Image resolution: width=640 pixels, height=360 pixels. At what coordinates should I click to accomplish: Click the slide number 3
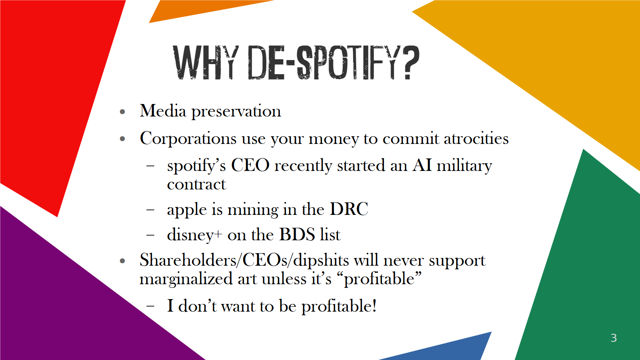613,338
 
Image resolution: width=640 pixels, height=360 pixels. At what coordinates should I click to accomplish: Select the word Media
163,111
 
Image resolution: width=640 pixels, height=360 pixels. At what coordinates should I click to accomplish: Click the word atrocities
476,139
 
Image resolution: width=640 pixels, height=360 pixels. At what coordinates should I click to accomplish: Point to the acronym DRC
349,209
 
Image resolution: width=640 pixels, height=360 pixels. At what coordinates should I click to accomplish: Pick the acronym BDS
297,235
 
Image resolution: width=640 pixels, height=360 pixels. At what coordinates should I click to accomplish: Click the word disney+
194,235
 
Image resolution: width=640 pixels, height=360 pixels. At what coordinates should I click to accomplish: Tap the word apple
186,210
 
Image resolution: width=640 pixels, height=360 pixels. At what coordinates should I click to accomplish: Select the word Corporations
188,139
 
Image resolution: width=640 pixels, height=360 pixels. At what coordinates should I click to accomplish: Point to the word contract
196,185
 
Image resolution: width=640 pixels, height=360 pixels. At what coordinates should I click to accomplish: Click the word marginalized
186,279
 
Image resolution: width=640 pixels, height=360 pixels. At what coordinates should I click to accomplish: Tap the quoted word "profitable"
383,279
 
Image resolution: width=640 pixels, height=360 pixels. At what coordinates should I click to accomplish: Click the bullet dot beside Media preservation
123,111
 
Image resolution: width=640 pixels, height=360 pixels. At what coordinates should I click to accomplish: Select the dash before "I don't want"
150,306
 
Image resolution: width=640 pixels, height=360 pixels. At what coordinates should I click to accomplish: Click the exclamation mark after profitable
374,306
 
